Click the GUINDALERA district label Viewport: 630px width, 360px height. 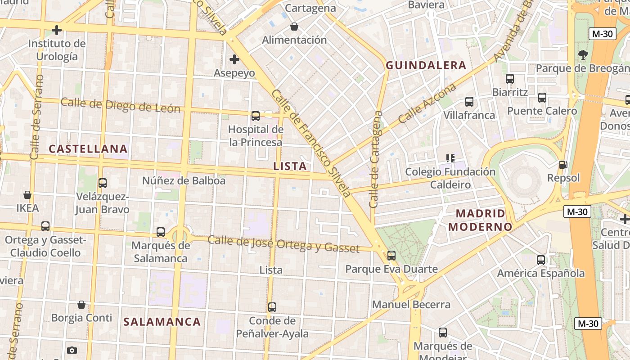point(426,66)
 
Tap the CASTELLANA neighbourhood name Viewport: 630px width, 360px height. point(88,149)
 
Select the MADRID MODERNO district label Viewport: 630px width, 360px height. point(480,220)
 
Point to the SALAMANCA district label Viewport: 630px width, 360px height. point(162,322)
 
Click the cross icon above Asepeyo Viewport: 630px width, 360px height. point(234,59)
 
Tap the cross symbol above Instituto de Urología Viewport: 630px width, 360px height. point(57,30)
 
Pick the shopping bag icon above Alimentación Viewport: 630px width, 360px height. point(294,27)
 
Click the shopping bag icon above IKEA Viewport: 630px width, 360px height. point(27,195)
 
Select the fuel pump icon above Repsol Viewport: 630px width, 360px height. point(563,165)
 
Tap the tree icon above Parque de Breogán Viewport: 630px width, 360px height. point(583,55)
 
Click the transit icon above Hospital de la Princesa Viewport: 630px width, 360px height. point(256,116)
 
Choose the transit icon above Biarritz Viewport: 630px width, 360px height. point(510,79)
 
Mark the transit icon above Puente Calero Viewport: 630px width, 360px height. point(542,98)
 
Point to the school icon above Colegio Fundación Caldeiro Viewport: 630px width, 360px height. point(450,158)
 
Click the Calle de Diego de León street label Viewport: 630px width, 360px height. point(120,105)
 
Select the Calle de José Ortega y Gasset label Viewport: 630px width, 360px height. point(283,244)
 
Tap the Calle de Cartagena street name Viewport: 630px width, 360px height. point(376,159)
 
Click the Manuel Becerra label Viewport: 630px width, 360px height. point(411,305)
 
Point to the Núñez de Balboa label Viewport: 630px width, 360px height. point(184,181)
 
